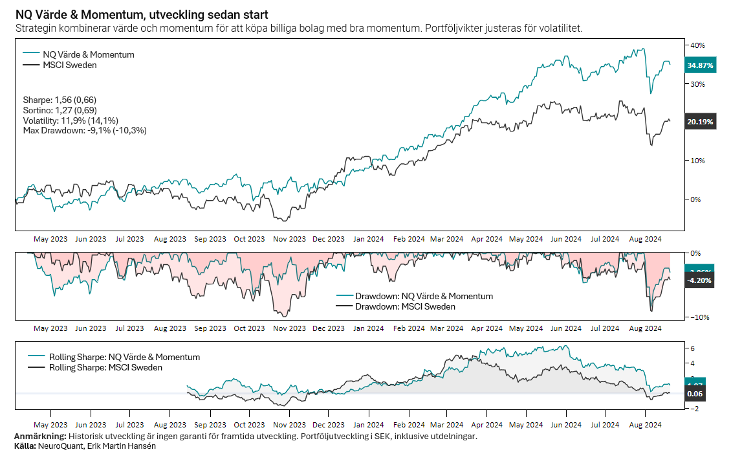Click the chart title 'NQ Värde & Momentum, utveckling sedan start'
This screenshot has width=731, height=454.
pyautogui.click(x=142, y=14)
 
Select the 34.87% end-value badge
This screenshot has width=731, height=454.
pyautogui.click(x=700, y=65)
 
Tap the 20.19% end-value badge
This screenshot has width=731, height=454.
pyautogui.click(x=700, y=122)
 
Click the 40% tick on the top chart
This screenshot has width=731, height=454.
pyautogui.click(x=697, y=45)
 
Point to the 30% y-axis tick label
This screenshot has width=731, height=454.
pyautogui.click(x=697, y=84)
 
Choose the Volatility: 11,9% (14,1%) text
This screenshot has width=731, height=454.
pyautogui.click(x=80, y=120)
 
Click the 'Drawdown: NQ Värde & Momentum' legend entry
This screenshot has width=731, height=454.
pyautogui.click(x=424, y=296)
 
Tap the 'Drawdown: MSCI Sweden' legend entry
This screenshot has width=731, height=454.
pyautogui.click(x=405, y=306)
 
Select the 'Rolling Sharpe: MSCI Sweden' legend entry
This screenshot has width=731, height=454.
pyautogui.click(x=105, y=367)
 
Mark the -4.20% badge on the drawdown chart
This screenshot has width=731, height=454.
pyautogui.click(x=700, y=281)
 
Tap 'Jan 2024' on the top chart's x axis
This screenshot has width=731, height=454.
pyautogui.click(x=368, y=239)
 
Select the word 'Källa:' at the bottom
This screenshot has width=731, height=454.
pyautogui.click(x=25, y=446)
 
